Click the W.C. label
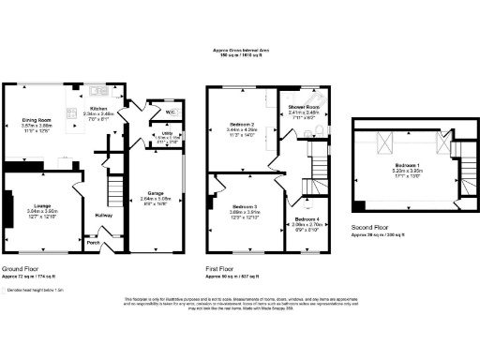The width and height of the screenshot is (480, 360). (x=171, y=112)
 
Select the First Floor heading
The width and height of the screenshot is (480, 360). (x=224, y=268)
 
